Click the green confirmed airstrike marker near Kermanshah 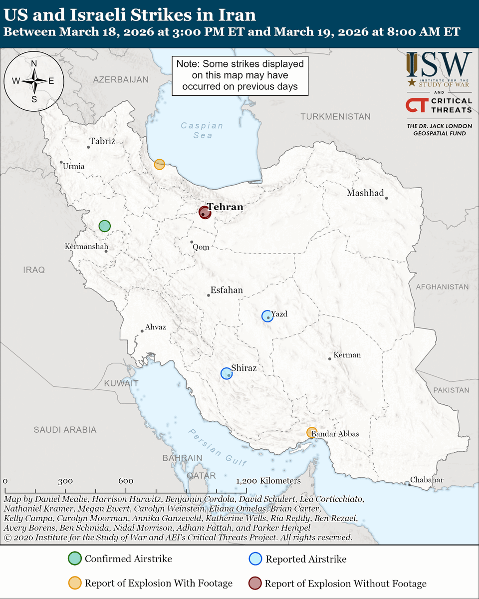click(x=104, y=226)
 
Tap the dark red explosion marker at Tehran click(x=205, y=212)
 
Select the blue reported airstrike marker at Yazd click(x=267, y=315)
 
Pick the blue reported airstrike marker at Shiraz click(x=227, y=373)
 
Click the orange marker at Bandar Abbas click(x=312, y=432)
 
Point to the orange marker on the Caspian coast click(x=159, y=164)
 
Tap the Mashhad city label click(x=365, y=193)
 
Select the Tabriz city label click(x=102, y=141)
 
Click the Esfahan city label click(x=227, y=290)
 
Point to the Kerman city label click(x=347, y=355)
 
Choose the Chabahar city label click(x=427, y=480)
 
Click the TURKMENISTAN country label click(x=335, y=116)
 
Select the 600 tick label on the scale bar click(x=126, y=481)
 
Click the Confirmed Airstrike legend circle click(x=74, y=559)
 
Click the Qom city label click(x=201, y=247)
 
